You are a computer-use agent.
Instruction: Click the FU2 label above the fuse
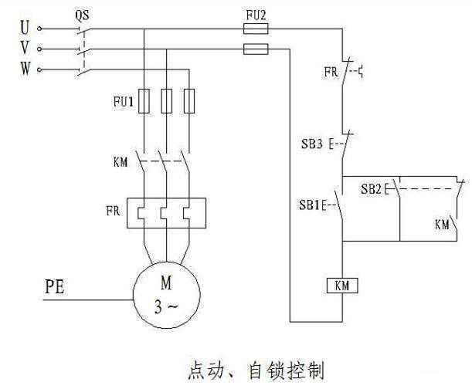click(x=254, y=14)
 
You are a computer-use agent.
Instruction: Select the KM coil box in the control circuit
click(x=341, y=286)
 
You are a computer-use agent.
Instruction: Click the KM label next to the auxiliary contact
click(x=442, y=225)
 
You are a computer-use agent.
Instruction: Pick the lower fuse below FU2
click(x=255, y=49)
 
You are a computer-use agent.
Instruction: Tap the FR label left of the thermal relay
click(x=113, y=209)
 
